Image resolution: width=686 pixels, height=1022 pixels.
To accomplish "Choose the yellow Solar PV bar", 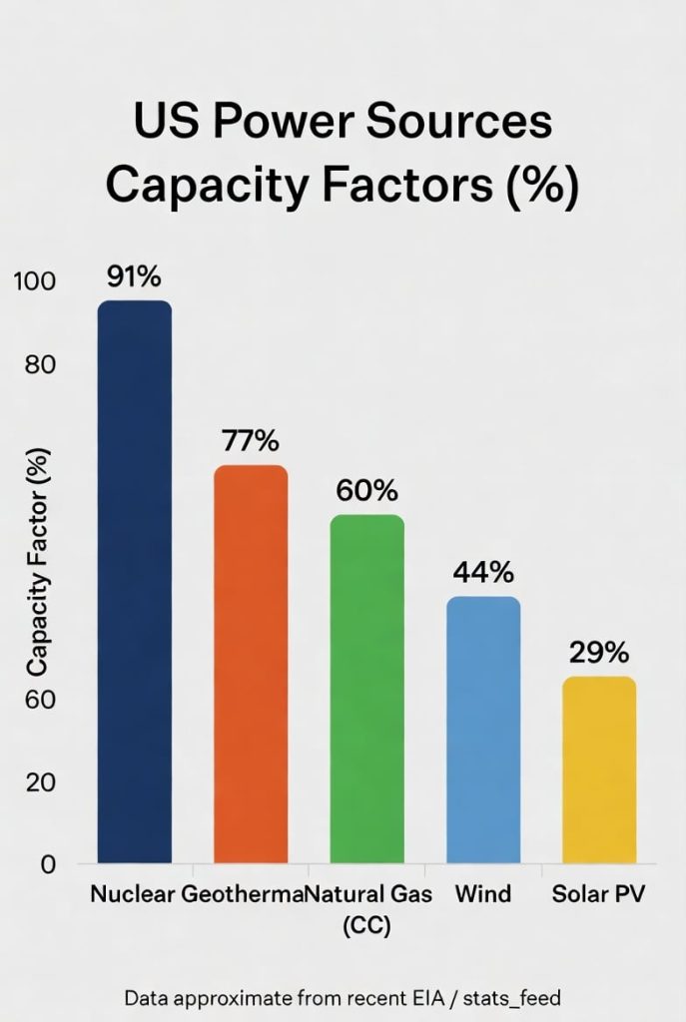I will (599, 769).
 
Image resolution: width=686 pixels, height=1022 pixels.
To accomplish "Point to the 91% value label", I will (134, 276).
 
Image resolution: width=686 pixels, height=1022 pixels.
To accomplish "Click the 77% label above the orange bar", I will (251, 440).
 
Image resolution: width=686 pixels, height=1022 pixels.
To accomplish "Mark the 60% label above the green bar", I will (366, 490).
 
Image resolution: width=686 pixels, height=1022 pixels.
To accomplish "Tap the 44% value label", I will (483, 572).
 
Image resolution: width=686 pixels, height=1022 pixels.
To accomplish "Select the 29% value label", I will (599, 653).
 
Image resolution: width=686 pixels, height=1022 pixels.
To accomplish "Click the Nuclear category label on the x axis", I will (133, 893).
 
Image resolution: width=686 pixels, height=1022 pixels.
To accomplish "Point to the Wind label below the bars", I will (483, 893).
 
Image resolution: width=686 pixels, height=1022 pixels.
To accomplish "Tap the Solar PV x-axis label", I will (599, 893).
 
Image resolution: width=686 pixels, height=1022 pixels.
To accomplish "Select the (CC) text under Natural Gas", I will (366, 925).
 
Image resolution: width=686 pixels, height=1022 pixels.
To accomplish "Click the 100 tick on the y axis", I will (35, 281).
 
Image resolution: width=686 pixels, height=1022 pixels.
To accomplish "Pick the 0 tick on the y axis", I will (47, 864).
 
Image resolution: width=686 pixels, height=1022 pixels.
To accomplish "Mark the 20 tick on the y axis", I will (41, 781).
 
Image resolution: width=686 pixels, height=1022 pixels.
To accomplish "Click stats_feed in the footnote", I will (511, 996).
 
